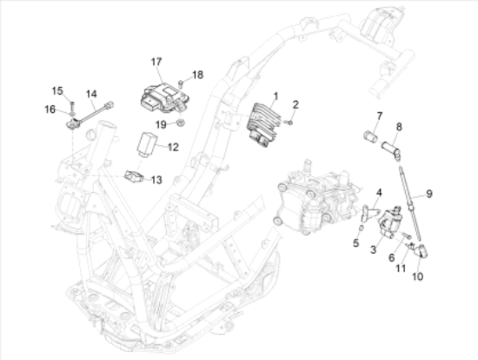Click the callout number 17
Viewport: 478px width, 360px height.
point(156,62)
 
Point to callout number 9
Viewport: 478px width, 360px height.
point(429,192)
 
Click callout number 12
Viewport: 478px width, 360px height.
point(173,147)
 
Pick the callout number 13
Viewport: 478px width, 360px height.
point(156,180)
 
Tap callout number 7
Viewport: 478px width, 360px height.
point(380,116)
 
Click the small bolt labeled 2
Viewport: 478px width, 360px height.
point(290,122)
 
